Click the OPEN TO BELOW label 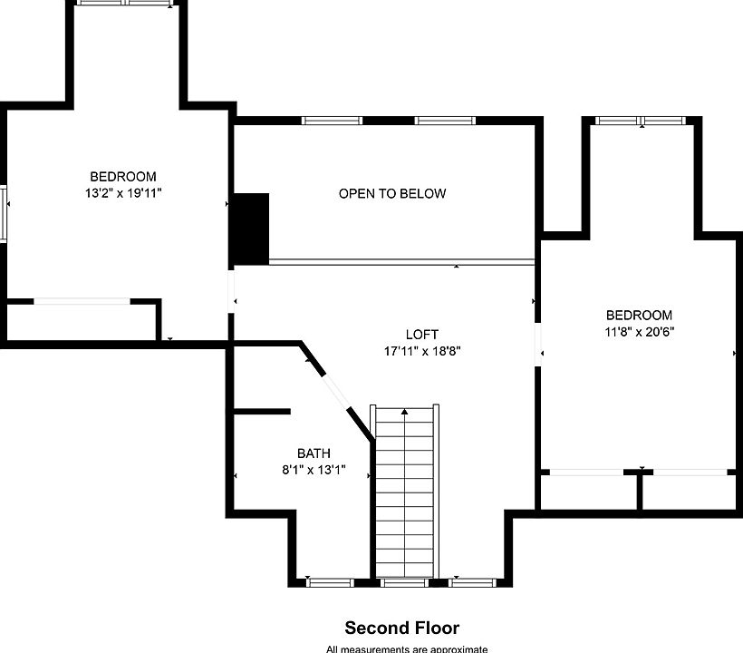click(392, 193)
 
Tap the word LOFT click(421, 335)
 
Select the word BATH click(314, 453)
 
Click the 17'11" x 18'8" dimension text click(422, 351)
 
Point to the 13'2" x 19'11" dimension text click(123, 193)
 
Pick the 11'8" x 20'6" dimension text click(639, 331)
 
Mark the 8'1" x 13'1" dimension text click(314, 470)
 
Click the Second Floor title click(401, 628)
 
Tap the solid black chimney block click(251, 229)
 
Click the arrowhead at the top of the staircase click(404, 412)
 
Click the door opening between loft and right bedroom click(538, 345)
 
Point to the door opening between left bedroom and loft click(231, 292)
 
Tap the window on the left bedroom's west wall click(4, 214)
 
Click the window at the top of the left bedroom click(126, 3)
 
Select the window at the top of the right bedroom click(641, 121)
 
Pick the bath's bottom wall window click(330, 583)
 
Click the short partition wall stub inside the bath click(262, 412)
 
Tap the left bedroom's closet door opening click(82, 302)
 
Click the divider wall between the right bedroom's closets click(639, 492)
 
